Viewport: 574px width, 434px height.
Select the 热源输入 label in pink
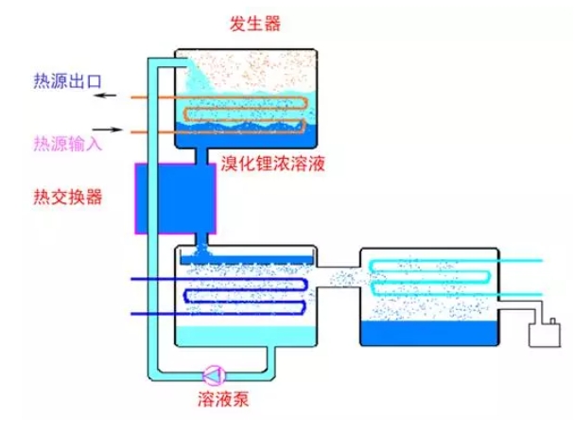coord(67,144)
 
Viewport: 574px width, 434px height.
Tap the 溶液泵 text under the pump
coord(224,399)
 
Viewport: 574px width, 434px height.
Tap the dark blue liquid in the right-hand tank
coord(430,333)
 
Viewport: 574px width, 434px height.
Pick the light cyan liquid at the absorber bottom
coord(246,335)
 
